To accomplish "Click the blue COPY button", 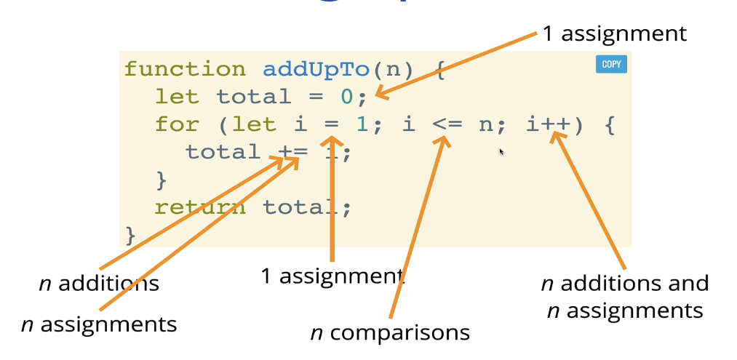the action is click(611, 65).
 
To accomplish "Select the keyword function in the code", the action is click(185, 69).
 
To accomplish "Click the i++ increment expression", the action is click(549, 124).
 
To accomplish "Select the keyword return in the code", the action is click(200, 207).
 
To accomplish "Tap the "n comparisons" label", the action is click(390, 333).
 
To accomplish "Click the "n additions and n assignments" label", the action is click(625, 297).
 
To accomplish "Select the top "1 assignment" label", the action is click(614, 33).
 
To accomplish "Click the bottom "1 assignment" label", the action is click(332, 276).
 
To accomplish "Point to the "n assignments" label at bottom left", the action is click(99, 324).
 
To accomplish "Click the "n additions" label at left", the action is click(99, 283).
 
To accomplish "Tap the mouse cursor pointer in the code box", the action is click(501, 151).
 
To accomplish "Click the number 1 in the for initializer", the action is click(362, 124).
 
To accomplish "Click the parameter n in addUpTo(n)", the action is click(391, 69).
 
